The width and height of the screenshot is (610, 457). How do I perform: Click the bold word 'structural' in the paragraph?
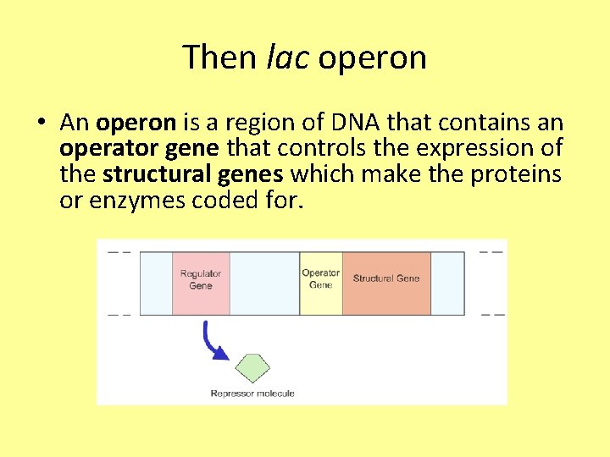click(149, 175)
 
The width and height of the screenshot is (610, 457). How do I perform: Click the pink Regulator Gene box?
click(201, 283)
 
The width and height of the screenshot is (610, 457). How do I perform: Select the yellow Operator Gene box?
click(321, 283)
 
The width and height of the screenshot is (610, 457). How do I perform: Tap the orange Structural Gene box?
click(386, 283)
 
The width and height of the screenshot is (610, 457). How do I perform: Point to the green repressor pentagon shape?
click(252, 367)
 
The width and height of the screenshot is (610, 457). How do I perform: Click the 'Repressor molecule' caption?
click(252, 394)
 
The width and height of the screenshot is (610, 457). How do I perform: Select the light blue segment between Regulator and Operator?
click(264, 283)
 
